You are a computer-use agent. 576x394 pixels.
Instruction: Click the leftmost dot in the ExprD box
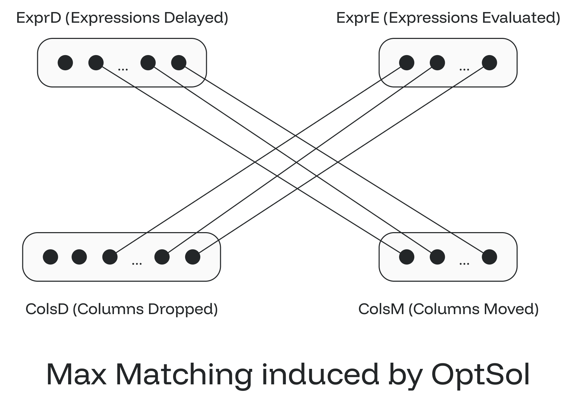click(65, 63)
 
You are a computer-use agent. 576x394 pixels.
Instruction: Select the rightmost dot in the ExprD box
click(179, 63)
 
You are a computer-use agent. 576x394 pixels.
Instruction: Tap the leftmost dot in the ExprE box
click(406, 63)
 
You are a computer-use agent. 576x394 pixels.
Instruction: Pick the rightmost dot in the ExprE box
click(489, 63)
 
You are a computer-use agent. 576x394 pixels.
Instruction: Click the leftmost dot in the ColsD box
click(50, 257)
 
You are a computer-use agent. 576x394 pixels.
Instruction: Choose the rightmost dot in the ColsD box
click(193, 257)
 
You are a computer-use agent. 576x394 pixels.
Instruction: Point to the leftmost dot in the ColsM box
click(406, 257)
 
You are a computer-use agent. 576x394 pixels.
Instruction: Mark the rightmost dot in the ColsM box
click(489, 257)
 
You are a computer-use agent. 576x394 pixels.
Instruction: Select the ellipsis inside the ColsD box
click(137, 263)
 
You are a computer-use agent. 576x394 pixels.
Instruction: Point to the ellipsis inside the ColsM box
click(464, 263)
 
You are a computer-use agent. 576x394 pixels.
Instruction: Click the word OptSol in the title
click(480, 374)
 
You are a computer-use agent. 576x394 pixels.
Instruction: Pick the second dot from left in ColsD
click(79, 257)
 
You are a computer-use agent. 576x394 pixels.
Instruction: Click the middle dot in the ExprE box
click(437, 63)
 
